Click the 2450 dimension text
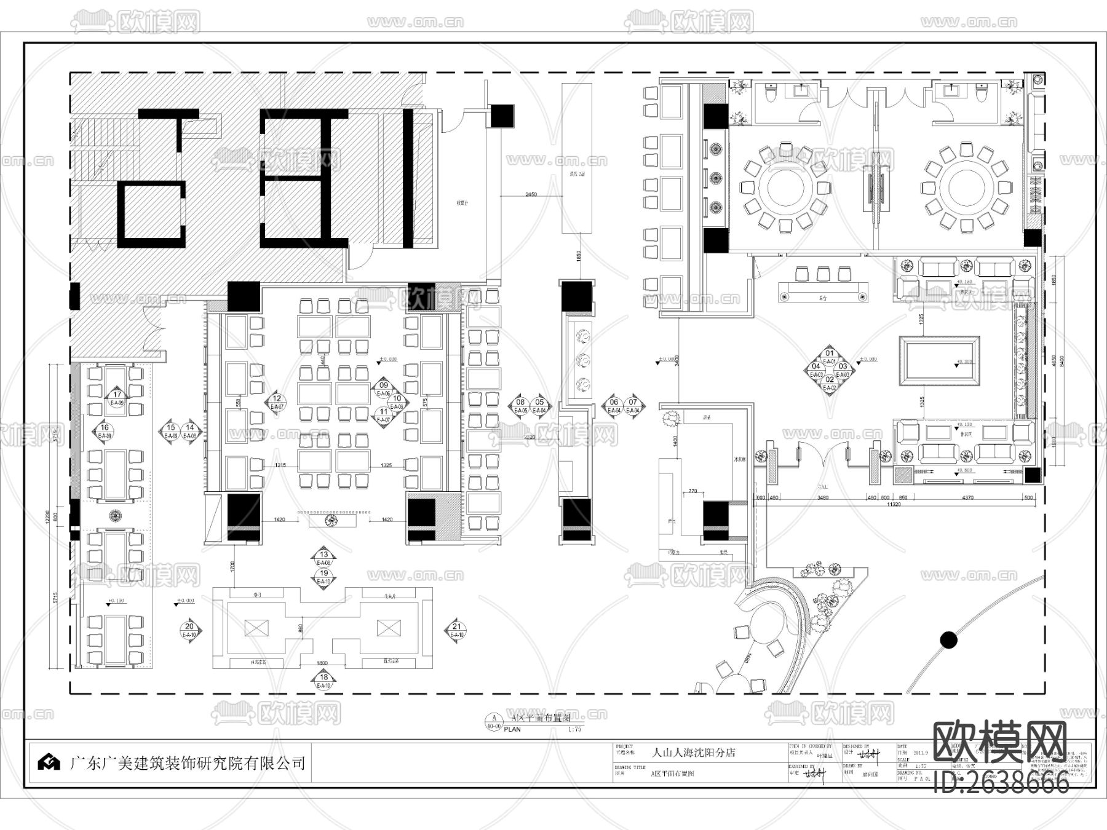[531, 194]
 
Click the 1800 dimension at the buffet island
[322, 663]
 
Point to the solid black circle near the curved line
[949, 640]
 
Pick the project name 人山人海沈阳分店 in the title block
[693, 752]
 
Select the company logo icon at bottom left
[49, 762]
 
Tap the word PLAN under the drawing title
[512, 730]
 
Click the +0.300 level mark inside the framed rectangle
[965, 363]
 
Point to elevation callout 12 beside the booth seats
[277, 402]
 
